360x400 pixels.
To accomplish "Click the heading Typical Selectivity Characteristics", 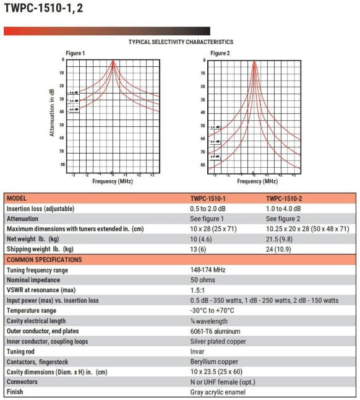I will pyautogui.click(x=181, y=42).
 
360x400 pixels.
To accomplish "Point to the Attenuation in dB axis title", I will pyautogui.click(x=52, y=112).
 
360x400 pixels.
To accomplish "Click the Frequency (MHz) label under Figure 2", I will pyautogui.click(x=254, y=181).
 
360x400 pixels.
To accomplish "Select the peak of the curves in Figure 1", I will pyautogui.click(x=113, y=61).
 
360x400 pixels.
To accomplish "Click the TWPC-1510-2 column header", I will pyautogui.click(x=288, y=199).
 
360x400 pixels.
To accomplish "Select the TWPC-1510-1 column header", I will pyautogui.click(x=208, y=199).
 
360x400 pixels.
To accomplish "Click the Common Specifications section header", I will pyautogui.click(x=45, y=259).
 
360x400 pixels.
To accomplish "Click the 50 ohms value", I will pyautogui.click(x=204, y=280).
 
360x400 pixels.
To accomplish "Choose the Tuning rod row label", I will pyautogui.click(x=20, y=351).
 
